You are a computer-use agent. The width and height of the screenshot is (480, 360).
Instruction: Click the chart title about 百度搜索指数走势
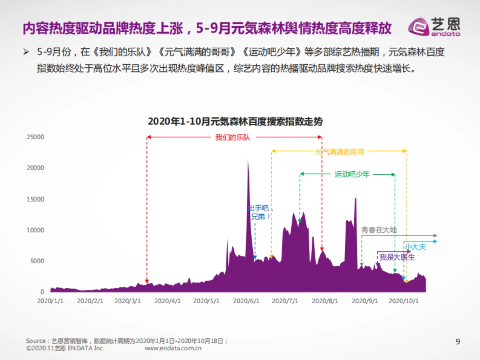coord(235,122)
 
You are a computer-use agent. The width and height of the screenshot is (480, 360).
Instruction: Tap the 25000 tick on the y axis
coord(35,137)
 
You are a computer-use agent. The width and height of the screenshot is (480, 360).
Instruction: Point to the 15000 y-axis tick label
coord(35,199)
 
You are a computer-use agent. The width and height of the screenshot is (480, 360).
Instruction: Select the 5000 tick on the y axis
coord(37,261)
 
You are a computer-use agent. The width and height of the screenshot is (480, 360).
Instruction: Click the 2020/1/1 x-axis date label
coord(51,300)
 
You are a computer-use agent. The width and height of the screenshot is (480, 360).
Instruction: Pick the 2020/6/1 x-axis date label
coord(247,300)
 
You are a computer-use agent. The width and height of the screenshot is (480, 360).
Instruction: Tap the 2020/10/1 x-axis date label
coord(404,300)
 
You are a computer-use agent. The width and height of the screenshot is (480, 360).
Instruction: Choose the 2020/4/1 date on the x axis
coord(168,300)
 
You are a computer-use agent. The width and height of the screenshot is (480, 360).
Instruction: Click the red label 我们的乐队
coord(233,137)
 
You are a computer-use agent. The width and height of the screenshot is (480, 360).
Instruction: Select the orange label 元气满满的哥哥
coord(340,152)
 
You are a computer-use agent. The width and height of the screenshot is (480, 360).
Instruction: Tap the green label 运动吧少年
coord(352,174)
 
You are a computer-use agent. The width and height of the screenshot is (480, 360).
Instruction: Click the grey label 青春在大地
coord(379,230)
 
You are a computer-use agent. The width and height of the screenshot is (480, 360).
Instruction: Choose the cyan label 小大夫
coord(416,247)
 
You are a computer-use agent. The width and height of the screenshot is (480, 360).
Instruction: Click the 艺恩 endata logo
coord(434,27)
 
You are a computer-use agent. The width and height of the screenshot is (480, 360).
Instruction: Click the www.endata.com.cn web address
coord(173,348)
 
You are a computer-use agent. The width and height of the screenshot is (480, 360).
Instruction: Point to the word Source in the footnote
coord(36,341)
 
